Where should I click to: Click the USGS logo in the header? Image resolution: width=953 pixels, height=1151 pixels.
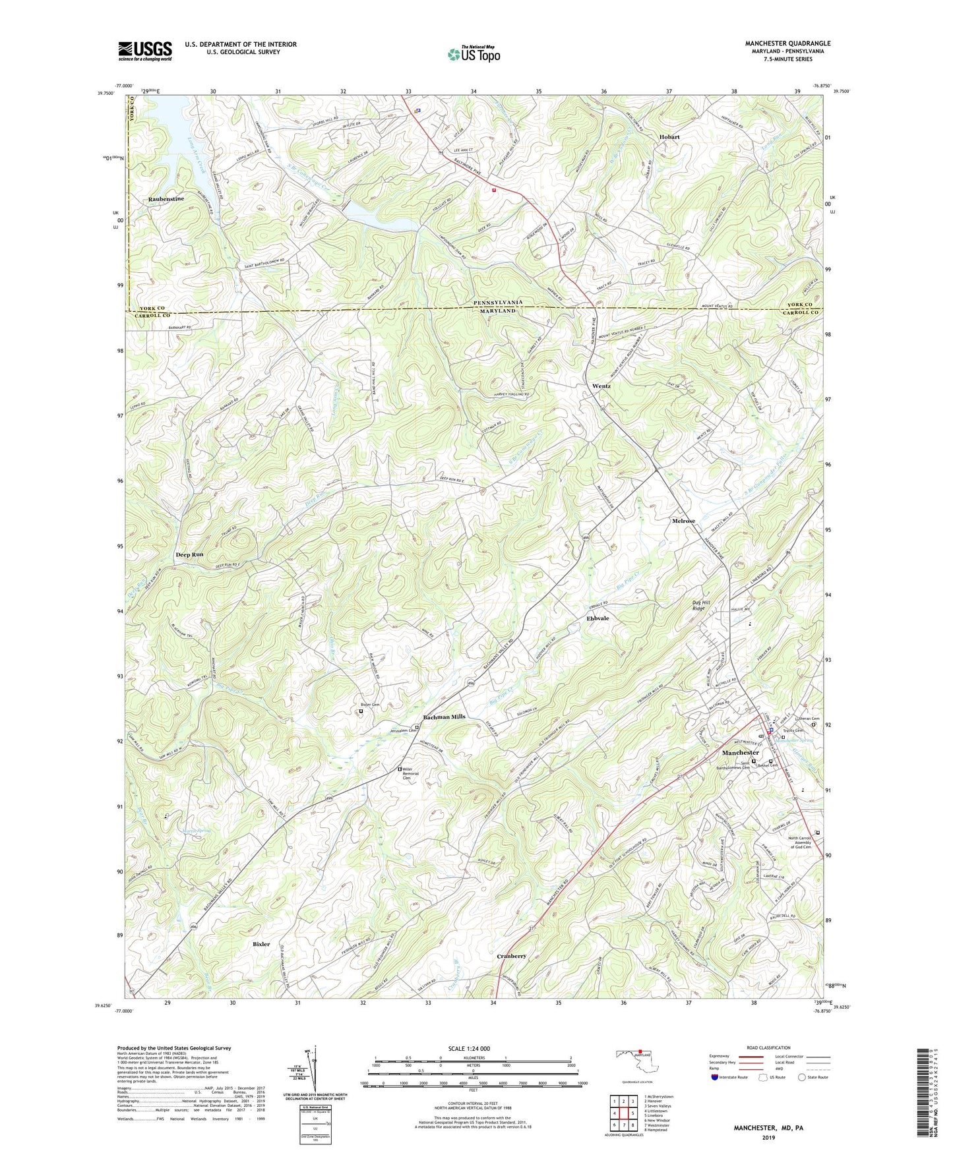pos(145,50)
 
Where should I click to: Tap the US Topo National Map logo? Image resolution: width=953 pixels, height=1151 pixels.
pos(474,53)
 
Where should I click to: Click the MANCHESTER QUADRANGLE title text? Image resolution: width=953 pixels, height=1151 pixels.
pos(787,44)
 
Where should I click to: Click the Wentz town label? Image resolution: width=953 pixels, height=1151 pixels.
pos(601,386)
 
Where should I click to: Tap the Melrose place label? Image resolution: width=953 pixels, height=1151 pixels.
pos(683,521)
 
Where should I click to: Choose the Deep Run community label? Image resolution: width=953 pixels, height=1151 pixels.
pos(189,554)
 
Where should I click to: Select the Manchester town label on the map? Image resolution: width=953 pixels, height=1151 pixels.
pos(740,752)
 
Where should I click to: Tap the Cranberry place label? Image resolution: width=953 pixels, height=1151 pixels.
pos(511,955)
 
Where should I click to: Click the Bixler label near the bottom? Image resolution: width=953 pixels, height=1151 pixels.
pos(261,944)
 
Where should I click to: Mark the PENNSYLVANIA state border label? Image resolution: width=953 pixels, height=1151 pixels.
pos(498,302)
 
